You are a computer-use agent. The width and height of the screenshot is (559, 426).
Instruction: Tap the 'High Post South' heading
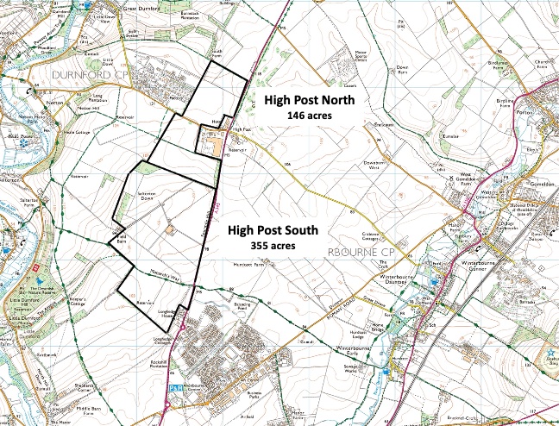(273, 230)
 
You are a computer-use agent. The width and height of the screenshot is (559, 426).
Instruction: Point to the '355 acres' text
(273, 246)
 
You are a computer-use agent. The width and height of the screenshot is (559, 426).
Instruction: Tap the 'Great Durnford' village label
(142, 9)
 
